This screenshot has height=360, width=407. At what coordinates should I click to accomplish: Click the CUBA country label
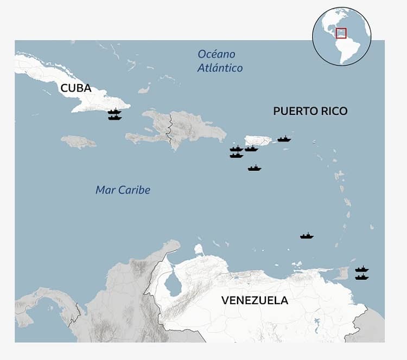(x=76, y=88)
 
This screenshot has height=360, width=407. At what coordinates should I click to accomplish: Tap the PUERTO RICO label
(x=310, y=111)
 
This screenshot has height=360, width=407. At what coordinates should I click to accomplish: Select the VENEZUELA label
(x=255, y=300)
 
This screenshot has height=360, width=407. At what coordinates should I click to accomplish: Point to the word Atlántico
(x=220, y=68)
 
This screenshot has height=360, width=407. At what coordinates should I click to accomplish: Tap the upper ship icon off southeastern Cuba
(x=115, y=111)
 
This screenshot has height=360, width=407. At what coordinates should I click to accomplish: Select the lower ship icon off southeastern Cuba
(x=115, y=117)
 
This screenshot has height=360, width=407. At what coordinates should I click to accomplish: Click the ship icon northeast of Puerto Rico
(x=284, y=139)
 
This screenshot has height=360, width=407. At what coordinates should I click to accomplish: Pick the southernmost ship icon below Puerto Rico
(x=255, y=168)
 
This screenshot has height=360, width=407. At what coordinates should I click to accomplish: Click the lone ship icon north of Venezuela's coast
(x=307, y=236)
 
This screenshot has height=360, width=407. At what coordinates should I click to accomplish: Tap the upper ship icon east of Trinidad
(x=362, y=269)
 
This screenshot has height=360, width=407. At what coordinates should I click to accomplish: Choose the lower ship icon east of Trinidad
(x=362, y=277)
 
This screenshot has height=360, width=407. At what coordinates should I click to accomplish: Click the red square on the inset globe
(x=341, y=33)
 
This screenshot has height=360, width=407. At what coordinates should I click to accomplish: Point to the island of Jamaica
(x=79, y=142)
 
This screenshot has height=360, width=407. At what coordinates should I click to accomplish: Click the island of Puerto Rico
(x=258, y=140)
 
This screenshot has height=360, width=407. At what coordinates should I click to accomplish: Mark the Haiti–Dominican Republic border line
(x=170, y=128)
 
